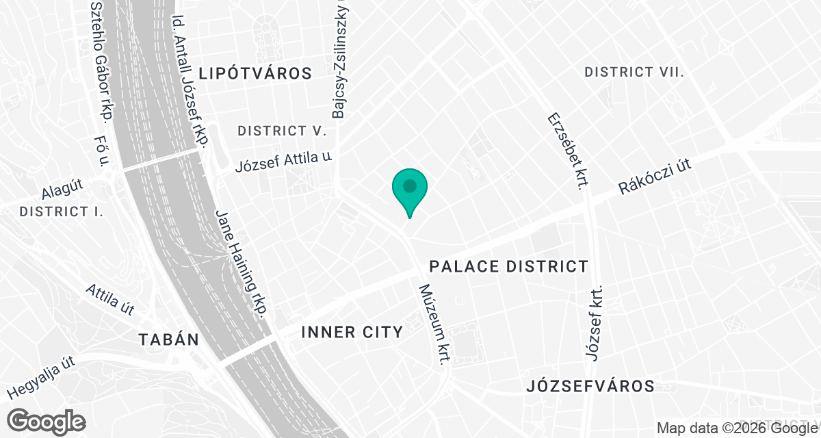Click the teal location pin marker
410,190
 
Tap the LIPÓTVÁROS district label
255,73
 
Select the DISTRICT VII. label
634,72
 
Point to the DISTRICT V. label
281,130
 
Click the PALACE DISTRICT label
508,266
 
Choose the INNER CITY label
352,333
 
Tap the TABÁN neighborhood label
168,339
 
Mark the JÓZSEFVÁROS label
591,386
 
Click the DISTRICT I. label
62,211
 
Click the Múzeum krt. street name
434,324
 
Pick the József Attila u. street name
283,162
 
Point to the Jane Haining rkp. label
240,263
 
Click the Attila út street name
110,299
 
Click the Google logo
47,421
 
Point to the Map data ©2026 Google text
736,428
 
